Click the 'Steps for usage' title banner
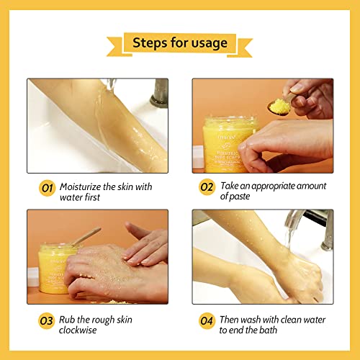tap(179, 42)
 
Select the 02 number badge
tap(207, 189)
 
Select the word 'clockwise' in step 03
tap(83, 331)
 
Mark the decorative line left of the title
tap(93, 42)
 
